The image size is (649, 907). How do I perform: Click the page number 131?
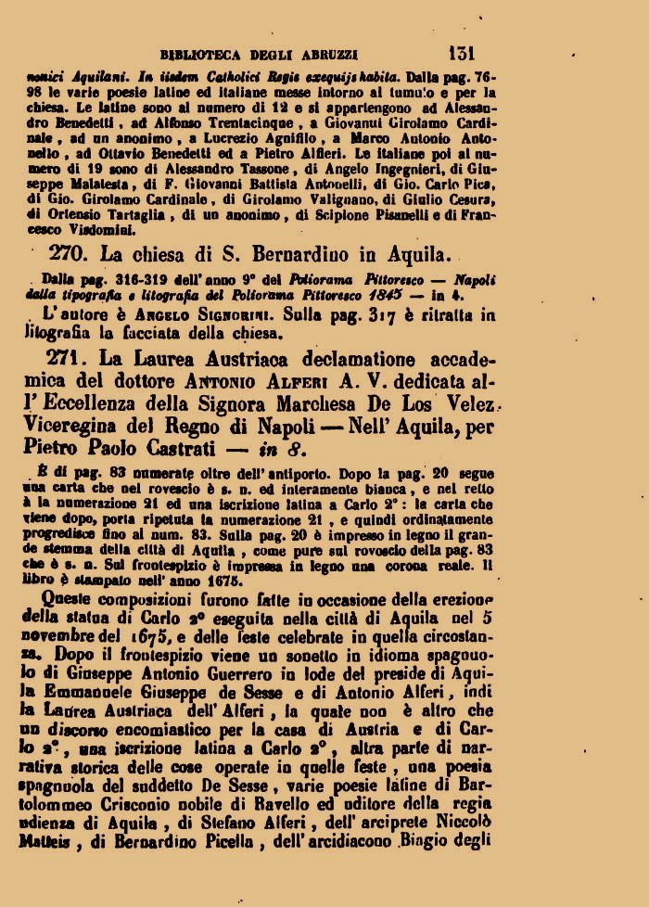click(461, 53)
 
